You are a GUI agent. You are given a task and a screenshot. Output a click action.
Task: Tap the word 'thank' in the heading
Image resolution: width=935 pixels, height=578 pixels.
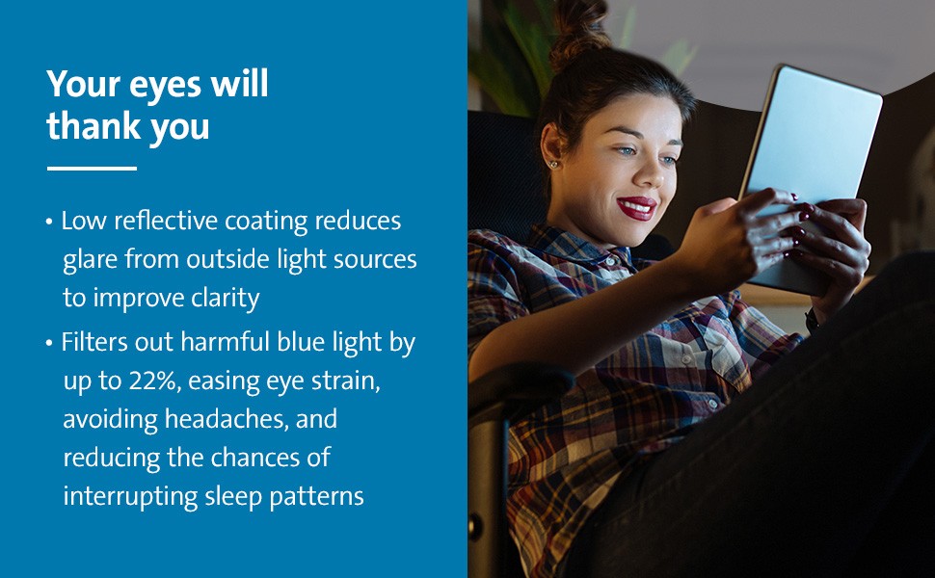point(93,126)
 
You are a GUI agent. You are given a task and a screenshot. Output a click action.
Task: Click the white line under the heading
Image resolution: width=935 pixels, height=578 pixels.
point(92,169)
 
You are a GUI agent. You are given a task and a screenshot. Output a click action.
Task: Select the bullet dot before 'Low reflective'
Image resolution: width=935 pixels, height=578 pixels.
point(49,222)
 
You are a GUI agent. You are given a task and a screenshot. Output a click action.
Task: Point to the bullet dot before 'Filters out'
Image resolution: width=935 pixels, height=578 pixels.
point(49,343)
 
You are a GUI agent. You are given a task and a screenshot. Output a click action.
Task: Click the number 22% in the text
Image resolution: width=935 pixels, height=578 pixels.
point(154,381)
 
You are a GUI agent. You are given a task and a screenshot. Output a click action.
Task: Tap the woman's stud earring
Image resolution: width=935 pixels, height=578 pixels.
point(554,164)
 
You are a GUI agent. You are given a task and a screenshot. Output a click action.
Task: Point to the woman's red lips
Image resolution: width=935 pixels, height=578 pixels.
point(637,208)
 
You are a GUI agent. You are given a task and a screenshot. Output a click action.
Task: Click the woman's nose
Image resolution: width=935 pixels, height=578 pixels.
point(649,172)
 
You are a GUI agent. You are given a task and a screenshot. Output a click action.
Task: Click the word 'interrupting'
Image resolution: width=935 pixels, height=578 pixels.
point(130,497)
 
